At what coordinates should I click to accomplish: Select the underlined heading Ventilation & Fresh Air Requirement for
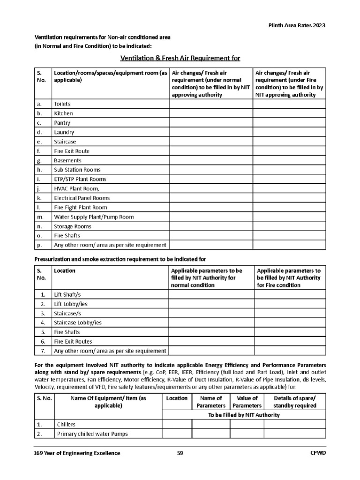180,58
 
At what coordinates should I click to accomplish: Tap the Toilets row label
62,104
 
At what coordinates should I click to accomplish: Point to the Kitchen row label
63,113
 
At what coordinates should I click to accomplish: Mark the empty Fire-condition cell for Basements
290,160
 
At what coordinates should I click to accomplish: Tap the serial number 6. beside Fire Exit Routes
43,342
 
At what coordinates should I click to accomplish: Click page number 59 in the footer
180,453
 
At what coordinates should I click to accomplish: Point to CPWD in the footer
318,453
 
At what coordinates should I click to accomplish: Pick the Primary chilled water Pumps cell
92,434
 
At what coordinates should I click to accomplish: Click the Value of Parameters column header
246,402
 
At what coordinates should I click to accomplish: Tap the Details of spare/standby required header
295,402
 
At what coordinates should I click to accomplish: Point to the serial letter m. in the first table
40,217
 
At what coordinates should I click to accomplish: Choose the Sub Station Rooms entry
77,170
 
